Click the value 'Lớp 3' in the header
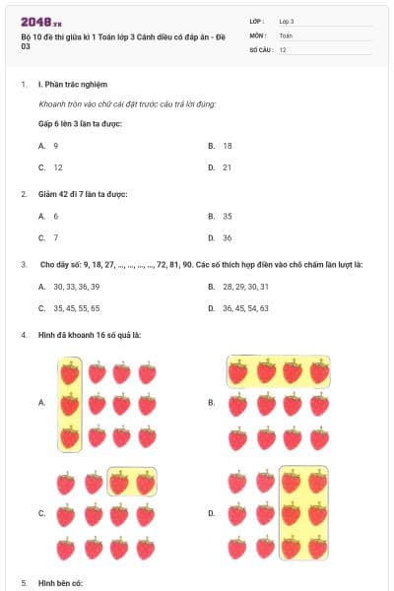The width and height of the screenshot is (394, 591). click(x=287, y=21)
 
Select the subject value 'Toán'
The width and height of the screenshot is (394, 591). click(x=286, y=34)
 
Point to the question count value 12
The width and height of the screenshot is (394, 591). click(x=283, y=48)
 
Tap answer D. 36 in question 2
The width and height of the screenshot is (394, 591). click(x=227, y=237)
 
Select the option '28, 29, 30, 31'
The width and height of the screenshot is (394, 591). click(x=246, y=287)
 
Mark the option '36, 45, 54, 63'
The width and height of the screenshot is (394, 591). click(x=246, y=308)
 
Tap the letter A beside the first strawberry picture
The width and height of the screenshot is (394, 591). click(x=41, y=403)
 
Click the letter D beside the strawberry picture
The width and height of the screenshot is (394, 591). click(x=211, y=513)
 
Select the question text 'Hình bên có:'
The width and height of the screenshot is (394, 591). click(x=61, y=583)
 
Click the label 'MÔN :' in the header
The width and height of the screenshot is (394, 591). click(x=258, y=34)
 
